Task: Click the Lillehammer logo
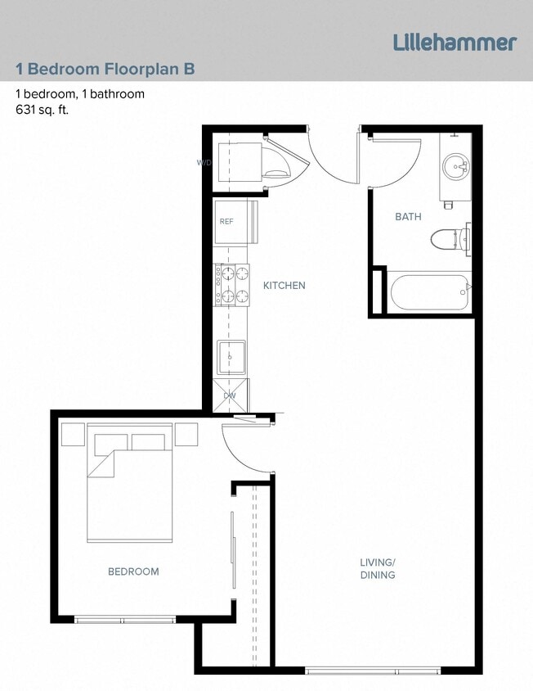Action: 455,42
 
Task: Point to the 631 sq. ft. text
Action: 42,109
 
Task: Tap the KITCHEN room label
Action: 284,286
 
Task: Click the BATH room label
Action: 408,217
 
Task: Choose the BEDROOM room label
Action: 133,571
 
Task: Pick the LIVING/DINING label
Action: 377,568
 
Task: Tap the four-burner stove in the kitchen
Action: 232,285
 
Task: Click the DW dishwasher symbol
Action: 231,395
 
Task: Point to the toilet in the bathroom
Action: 449,239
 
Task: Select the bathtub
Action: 428,292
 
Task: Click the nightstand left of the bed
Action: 73,434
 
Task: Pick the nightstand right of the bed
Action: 186,434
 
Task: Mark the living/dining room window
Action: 373,671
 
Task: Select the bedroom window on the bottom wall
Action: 125,619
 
